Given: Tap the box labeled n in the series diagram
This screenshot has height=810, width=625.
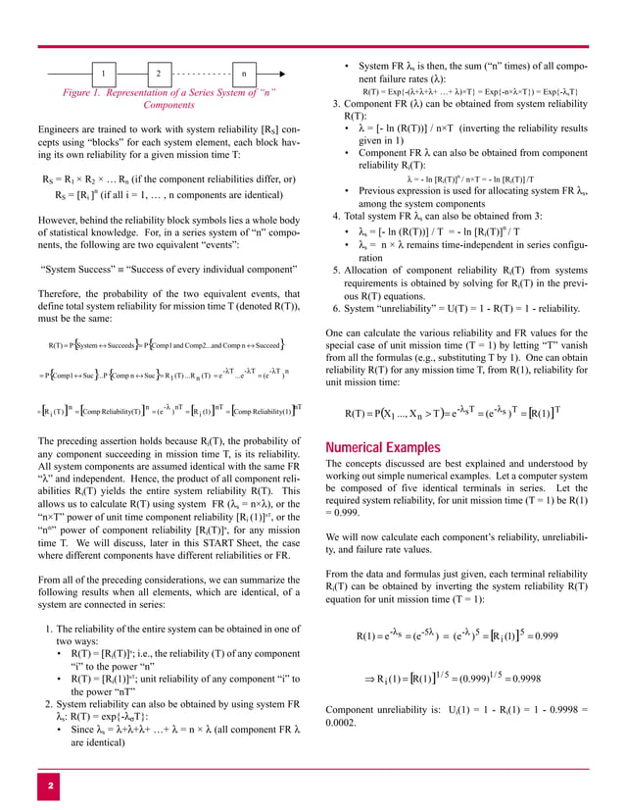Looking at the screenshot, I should pyautogui.click(x=243, y=75).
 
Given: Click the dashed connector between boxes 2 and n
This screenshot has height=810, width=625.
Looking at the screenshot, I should pyautogui.click(x=201, y=75).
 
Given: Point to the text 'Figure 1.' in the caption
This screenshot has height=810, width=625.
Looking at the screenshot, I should pyautogui.click(x=89, y=93).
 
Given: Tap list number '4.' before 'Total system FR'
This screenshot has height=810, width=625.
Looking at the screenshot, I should pyautogui.click(x=337, y=216).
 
